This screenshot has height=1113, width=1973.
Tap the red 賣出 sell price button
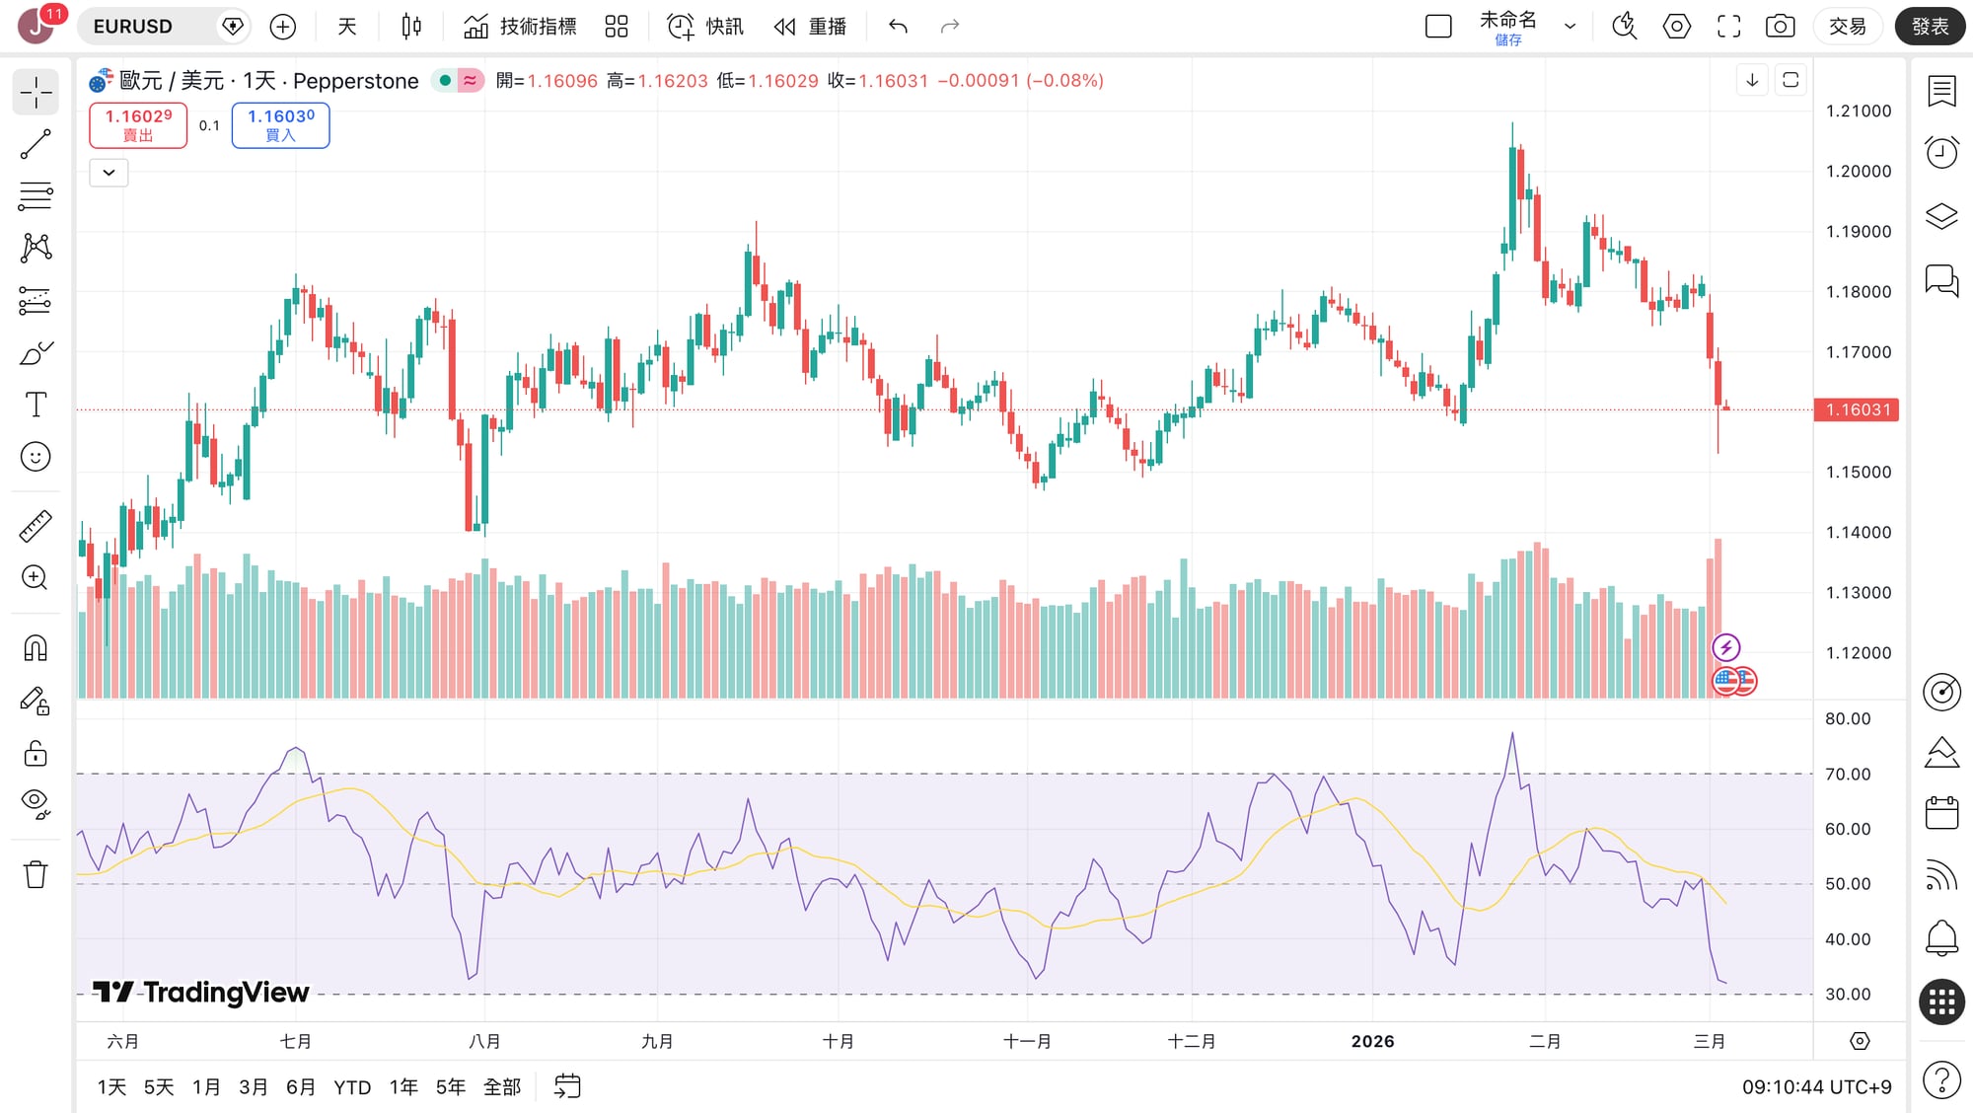click(138, 125)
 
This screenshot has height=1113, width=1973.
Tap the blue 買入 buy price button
click(280, 125)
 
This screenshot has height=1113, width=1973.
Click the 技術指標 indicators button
click(520, 27)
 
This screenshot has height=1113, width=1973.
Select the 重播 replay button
click(810, 27)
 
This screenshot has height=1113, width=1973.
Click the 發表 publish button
click(1930, 27)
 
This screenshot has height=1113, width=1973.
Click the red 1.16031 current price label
click(1857, 409)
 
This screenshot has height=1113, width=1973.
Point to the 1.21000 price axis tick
click(1858, 111)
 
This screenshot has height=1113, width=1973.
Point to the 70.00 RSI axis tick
click(1847, 774)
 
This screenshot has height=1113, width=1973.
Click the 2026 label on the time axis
click(1372, 1041)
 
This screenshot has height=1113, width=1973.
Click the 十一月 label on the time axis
click(1027, 1041)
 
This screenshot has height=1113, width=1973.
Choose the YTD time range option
click(352, 1087)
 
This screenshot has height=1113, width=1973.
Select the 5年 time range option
click(451, 1087)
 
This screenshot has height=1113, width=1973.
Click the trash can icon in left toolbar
click(36, 874)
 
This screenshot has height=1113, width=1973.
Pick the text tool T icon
click(36, 405)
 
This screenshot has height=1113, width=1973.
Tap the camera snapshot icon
click(1780, 27)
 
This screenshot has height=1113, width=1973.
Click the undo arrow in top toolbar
click(898, 27)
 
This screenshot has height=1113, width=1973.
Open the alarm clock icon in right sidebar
click(1941, 152)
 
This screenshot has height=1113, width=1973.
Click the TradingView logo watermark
click(201, 992)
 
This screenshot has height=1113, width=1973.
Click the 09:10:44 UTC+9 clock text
click(1816, 1087)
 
